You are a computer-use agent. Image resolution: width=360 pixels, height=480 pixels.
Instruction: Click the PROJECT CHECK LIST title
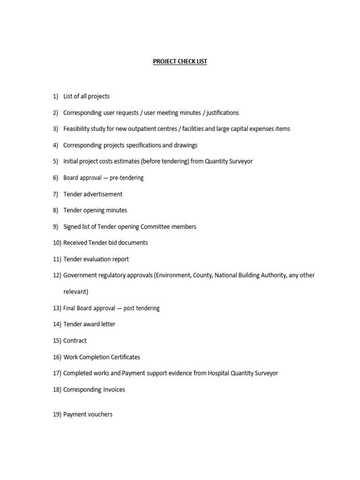tap(180, 61)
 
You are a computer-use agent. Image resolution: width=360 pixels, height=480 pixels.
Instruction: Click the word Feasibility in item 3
tap(78, 129)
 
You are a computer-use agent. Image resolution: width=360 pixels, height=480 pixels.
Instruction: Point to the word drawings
tap(185, 145)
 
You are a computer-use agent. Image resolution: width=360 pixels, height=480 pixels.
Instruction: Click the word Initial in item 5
tap(71, 161)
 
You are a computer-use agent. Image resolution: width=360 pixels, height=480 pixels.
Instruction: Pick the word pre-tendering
tap(127, 178)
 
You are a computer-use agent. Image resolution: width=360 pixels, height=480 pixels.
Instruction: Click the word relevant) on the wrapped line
tap(75, 292)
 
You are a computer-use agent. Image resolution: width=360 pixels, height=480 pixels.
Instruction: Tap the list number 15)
tap(57, 341)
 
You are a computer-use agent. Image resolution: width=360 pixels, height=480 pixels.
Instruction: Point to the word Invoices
tap(114, 390)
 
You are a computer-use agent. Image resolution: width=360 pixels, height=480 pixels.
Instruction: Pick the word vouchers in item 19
tap(99, 414)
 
